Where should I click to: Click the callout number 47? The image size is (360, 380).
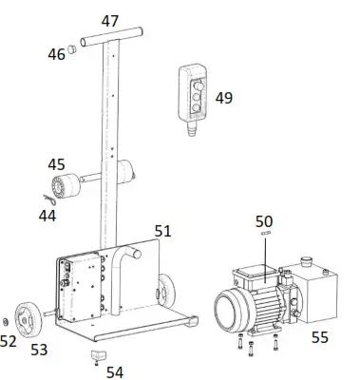[110, 20]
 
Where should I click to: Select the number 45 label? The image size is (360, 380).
[57, 163]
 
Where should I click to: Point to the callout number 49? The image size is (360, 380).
[223, 97]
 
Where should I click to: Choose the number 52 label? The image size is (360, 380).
[9, 341]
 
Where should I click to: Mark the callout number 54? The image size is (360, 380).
[114, 372]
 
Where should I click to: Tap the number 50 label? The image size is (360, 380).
[264, 220]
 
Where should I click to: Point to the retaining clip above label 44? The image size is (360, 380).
[52, 198]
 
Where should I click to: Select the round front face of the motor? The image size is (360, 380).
[229, 313]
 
